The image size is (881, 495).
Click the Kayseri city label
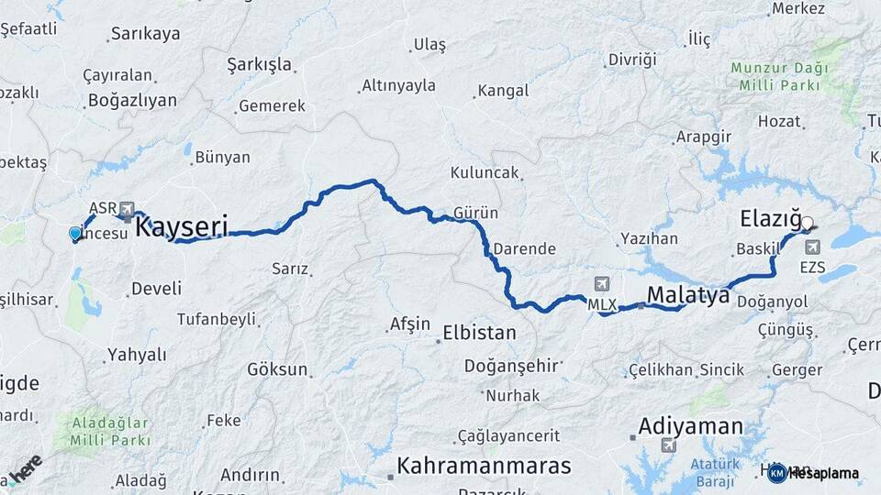click(x=181, y=226)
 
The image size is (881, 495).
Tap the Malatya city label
click(x=688, y=295)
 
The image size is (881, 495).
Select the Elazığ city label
click(x=769, y=219)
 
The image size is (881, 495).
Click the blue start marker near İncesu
click(x=75, y=234)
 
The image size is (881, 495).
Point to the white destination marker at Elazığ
click(x=807, y=222)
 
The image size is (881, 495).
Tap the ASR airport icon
click(x=126, y=208)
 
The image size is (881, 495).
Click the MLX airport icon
click(x=601, y=282)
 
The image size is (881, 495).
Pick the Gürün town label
click(x=475, y=213)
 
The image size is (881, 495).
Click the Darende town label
click(x=524, y=248)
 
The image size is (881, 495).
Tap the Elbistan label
click(x=479, y=332)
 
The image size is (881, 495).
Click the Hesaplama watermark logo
click(x=815, y=473)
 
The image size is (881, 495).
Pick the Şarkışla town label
click(x=259, y=65)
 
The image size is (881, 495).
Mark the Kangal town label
click(x=502, y=91)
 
